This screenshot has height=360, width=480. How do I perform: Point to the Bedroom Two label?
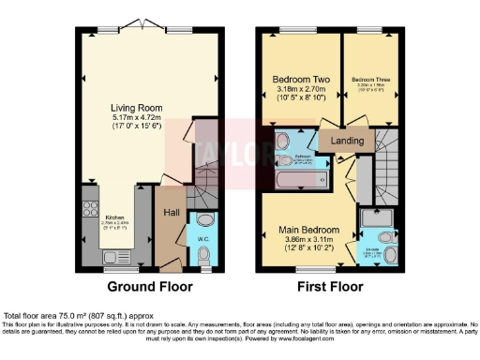298,79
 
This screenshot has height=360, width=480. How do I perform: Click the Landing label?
347,141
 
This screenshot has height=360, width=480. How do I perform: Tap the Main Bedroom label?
309,229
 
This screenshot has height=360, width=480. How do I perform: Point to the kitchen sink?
110,256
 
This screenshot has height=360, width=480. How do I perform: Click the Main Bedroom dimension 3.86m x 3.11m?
309,239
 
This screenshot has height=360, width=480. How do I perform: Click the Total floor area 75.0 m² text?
79,316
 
